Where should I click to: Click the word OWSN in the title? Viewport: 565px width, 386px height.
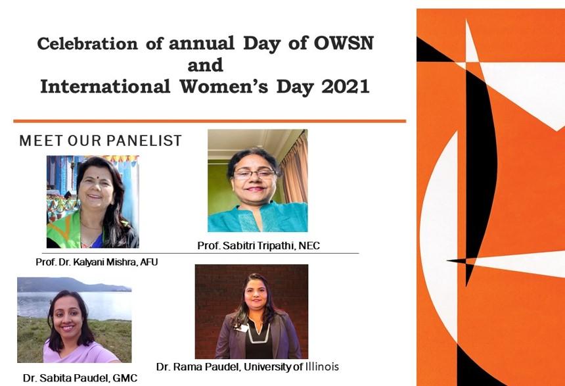coord(344,43)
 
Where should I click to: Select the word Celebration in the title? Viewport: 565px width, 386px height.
coord(87,43)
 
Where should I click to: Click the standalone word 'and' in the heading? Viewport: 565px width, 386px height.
coord(206,65)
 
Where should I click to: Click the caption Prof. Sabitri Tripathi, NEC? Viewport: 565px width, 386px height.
coord(258,246)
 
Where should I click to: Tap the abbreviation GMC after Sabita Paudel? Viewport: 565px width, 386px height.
coord(125,378)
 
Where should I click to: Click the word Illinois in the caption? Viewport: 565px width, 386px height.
coord(322,367)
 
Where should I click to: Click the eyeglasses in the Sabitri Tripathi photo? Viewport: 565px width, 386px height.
coord(254,174)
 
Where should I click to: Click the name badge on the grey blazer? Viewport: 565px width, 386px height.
coord(242,328)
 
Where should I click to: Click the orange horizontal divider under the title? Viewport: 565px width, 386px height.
coord(210,121)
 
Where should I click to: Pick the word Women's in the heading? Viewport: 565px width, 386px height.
coord(224,87)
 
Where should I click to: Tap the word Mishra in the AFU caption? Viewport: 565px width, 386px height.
coord(123,262)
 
